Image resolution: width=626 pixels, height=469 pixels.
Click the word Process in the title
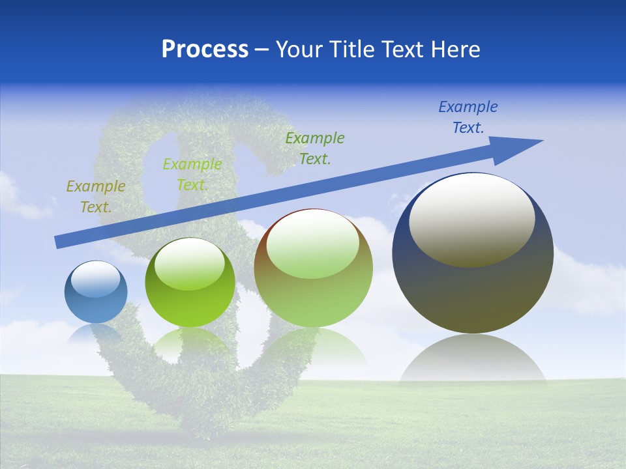(205, 50)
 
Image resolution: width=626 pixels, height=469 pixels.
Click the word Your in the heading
(299, 50)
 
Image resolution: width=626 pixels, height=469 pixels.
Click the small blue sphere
(96, 292)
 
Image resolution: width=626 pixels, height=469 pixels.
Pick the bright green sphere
(190, 283)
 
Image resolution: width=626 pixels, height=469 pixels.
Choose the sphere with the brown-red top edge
(313, 268)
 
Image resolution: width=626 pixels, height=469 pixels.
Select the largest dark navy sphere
(473, 253)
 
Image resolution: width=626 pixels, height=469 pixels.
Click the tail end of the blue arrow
(57, 243)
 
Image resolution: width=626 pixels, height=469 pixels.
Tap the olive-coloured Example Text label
(95, 197)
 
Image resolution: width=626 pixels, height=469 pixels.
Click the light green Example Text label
(192, 175)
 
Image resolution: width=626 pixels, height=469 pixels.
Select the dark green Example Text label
(314, 148)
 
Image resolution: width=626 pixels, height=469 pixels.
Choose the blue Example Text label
(468, 117)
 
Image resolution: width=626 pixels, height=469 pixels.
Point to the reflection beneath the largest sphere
(473, 358)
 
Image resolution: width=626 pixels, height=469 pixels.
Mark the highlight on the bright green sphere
(190, 264)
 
